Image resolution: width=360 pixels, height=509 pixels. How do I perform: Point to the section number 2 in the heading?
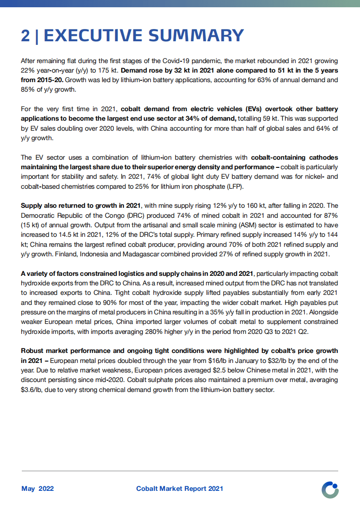[25, 35]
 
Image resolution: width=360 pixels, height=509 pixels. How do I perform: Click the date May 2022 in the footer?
[38, 489]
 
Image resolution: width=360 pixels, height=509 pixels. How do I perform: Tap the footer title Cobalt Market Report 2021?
[179, 489]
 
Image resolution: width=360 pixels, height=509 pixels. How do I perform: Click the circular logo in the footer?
[330, 489]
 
